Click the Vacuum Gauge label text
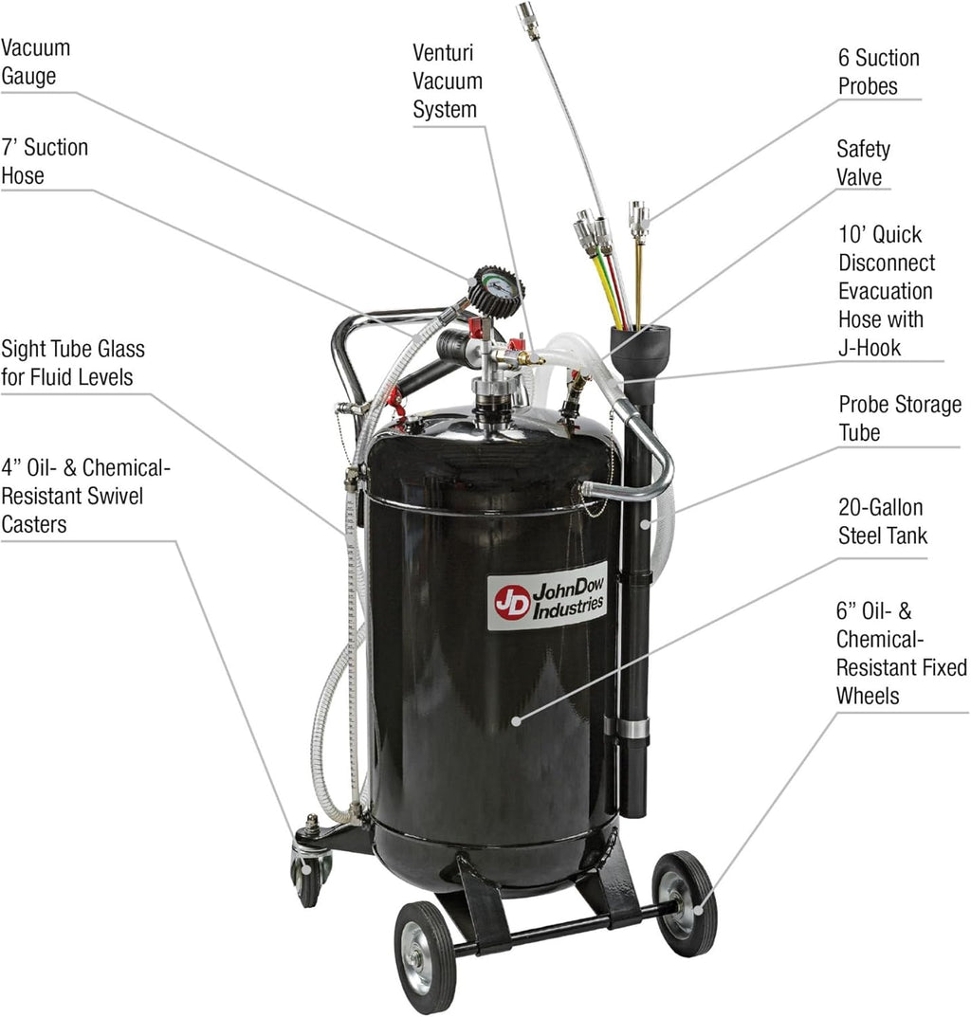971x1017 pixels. [35, 61]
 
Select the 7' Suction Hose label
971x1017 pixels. [45, 161]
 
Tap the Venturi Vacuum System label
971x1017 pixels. [447, 81]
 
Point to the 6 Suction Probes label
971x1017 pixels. [879, 72]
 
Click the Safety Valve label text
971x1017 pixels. [862, 163]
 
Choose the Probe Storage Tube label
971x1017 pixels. [899, 419]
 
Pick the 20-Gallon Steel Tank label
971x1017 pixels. [882, 521]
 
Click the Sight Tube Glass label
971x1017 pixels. [73, 362]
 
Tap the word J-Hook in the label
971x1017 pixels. [870, 348]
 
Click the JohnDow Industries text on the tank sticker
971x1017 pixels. [567, 598]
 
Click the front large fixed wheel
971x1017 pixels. [425, 956]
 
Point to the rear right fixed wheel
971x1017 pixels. [684, 903]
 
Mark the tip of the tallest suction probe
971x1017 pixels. [527, 19]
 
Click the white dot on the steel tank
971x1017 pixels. [516, 720]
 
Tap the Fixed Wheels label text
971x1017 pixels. [901, 681]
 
